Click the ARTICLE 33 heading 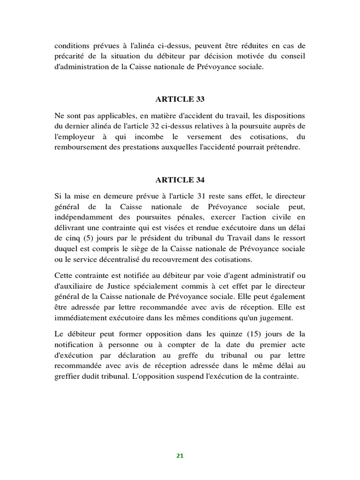pos(180,99)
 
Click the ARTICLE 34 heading pos(180,180)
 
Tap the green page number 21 pos(180,455)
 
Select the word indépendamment pos(82,217)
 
